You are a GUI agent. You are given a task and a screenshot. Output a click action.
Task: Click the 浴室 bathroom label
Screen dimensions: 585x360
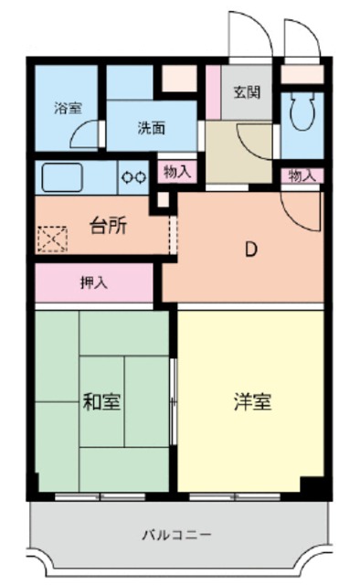[67, 108]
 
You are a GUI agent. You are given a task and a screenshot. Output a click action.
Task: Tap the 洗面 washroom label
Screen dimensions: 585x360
[151, 128]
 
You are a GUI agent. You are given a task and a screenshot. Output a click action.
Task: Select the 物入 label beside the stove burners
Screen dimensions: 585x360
[178, 171]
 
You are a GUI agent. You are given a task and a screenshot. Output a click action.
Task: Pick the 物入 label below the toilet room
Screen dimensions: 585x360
[302, 175]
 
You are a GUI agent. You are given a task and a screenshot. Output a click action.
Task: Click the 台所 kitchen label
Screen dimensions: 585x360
[108, 227]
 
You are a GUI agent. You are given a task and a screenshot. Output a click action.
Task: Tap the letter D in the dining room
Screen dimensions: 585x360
[248, 247]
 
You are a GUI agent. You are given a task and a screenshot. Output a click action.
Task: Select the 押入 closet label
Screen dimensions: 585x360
[94, 282]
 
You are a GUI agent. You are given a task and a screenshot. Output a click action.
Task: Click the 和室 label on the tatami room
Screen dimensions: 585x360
[102, 400]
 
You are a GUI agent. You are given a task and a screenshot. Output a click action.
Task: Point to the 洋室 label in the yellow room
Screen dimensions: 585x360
[250, 400]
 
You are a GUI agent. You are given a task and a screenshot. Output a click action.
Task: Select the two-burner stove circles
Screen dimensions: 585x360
[133, 176]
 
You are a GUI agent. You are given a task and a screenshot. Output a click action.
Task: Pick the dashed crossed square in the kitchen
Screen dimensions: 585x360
[51, 239]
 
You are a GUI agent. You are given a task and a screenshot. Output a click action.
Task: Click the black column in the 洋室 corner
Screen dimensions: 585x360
[313, 486]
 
